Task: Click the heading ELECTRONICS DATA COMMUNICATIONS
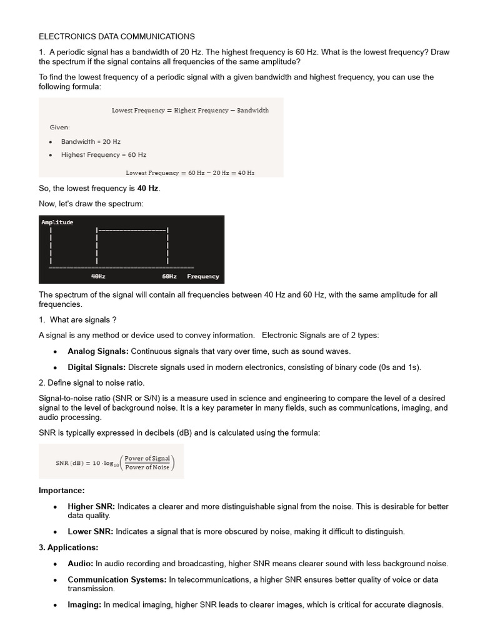(117, 37)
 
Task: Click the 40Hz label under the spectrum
(98, 276)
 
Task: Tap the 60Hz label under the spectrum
(169, 276)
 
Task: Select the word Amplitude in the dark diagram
(57, 222)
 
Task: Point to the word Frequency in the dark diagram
(203, 276)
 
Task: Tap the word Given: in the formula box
(60, 127)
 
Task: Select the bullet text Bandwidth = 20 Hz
(91, 142)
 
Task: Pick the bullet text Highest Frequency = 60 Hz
(103, 154)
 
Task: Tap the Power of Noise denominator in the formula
(147, 467)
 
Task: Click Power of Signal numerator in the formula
(147, 458)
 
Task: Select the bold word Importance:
(62, 490)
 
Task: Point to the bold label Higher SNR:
(91, 506)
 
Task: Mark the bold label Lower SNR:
(91, 531)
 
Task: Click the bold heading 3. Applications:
(69, 547)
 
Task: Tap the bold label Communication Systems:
(117, 579)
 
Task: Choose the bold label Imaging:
(84, 604)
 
